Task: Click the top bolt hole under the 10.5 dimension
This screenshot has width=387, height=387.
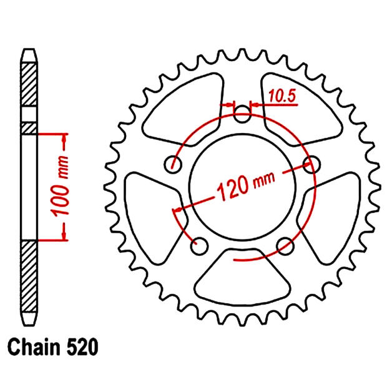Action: click(x=243, y=113)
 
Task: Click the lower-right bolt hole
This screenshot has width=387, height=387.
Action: click(x=284, y=244)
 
